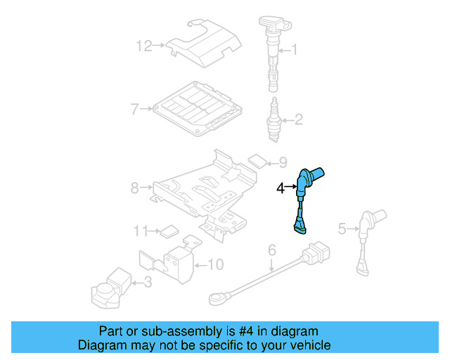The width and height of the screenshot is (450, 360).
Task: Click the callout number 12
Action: pyautogui.click(x=143, y=46)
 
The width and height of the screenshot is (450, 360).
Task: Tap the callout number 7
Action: pyautogui.click(x=134, y=109)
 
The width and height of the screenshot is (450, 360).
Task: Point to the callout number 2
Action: pyautogui.click(x=298, y=120)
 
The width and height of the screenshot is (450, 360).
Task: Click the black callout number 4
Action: pyautogui.click(x=281, y=188)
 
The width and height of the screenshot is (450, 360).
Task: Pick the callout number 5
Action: pyautogui.click(x=342, y=228)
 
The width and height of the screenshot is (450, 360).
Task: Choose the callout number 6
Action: pyautogui.click(x=271, y=250)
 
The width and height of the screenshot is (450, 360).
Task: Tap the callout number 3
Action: pyautogui.click(x=147, y=283)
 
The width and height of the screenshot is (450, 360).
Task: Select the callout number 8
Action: pyautogui.click(x=135, y=188)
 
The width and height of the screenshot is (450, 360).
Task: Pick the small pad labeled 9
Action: pyautogui.click(x=258, y=162)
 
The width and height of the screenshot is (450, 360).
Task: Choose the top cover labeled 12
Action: pyautogui.click(x=204, y=44)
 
